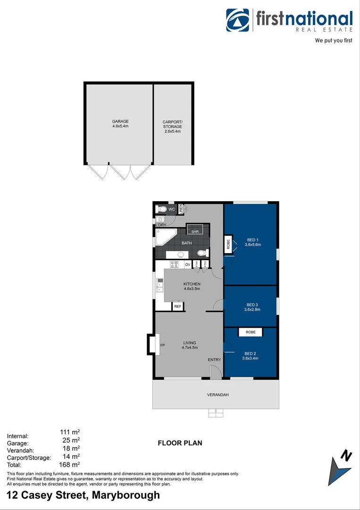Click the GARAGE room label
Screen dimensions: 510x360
(x=120, y=121)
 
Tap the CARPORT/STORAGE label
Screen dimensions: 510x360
(x=172, y=124)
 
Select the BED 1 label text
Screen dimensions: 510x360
(x=253, y=238)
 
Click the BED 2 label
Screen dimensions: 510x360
(x=251, y=353)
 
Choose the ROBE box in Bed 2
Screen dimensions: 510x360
(x=251, y=332)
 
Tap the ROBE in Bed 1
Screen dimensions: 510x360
(x=228, y=244)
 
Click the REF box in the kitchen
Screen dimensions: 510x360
(x=177, y=306)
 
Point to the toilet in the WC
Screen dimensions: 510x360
(x=161, y=209)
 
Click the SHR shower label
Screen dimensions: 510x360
(x=195, y=231)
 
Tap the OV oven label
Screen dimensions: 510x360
(x=187, y=264)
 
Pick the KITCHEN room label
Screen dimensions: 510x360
(x=192, y=284)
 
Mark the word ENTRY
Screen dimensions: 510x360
(x=214, y=360)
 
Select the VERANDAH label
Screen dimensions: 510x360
(x=218, y=395)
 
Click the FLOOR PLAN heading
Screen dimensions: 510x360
(x=180, y=443)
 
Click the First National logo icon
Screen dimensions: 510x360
(x=238, y=20)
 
